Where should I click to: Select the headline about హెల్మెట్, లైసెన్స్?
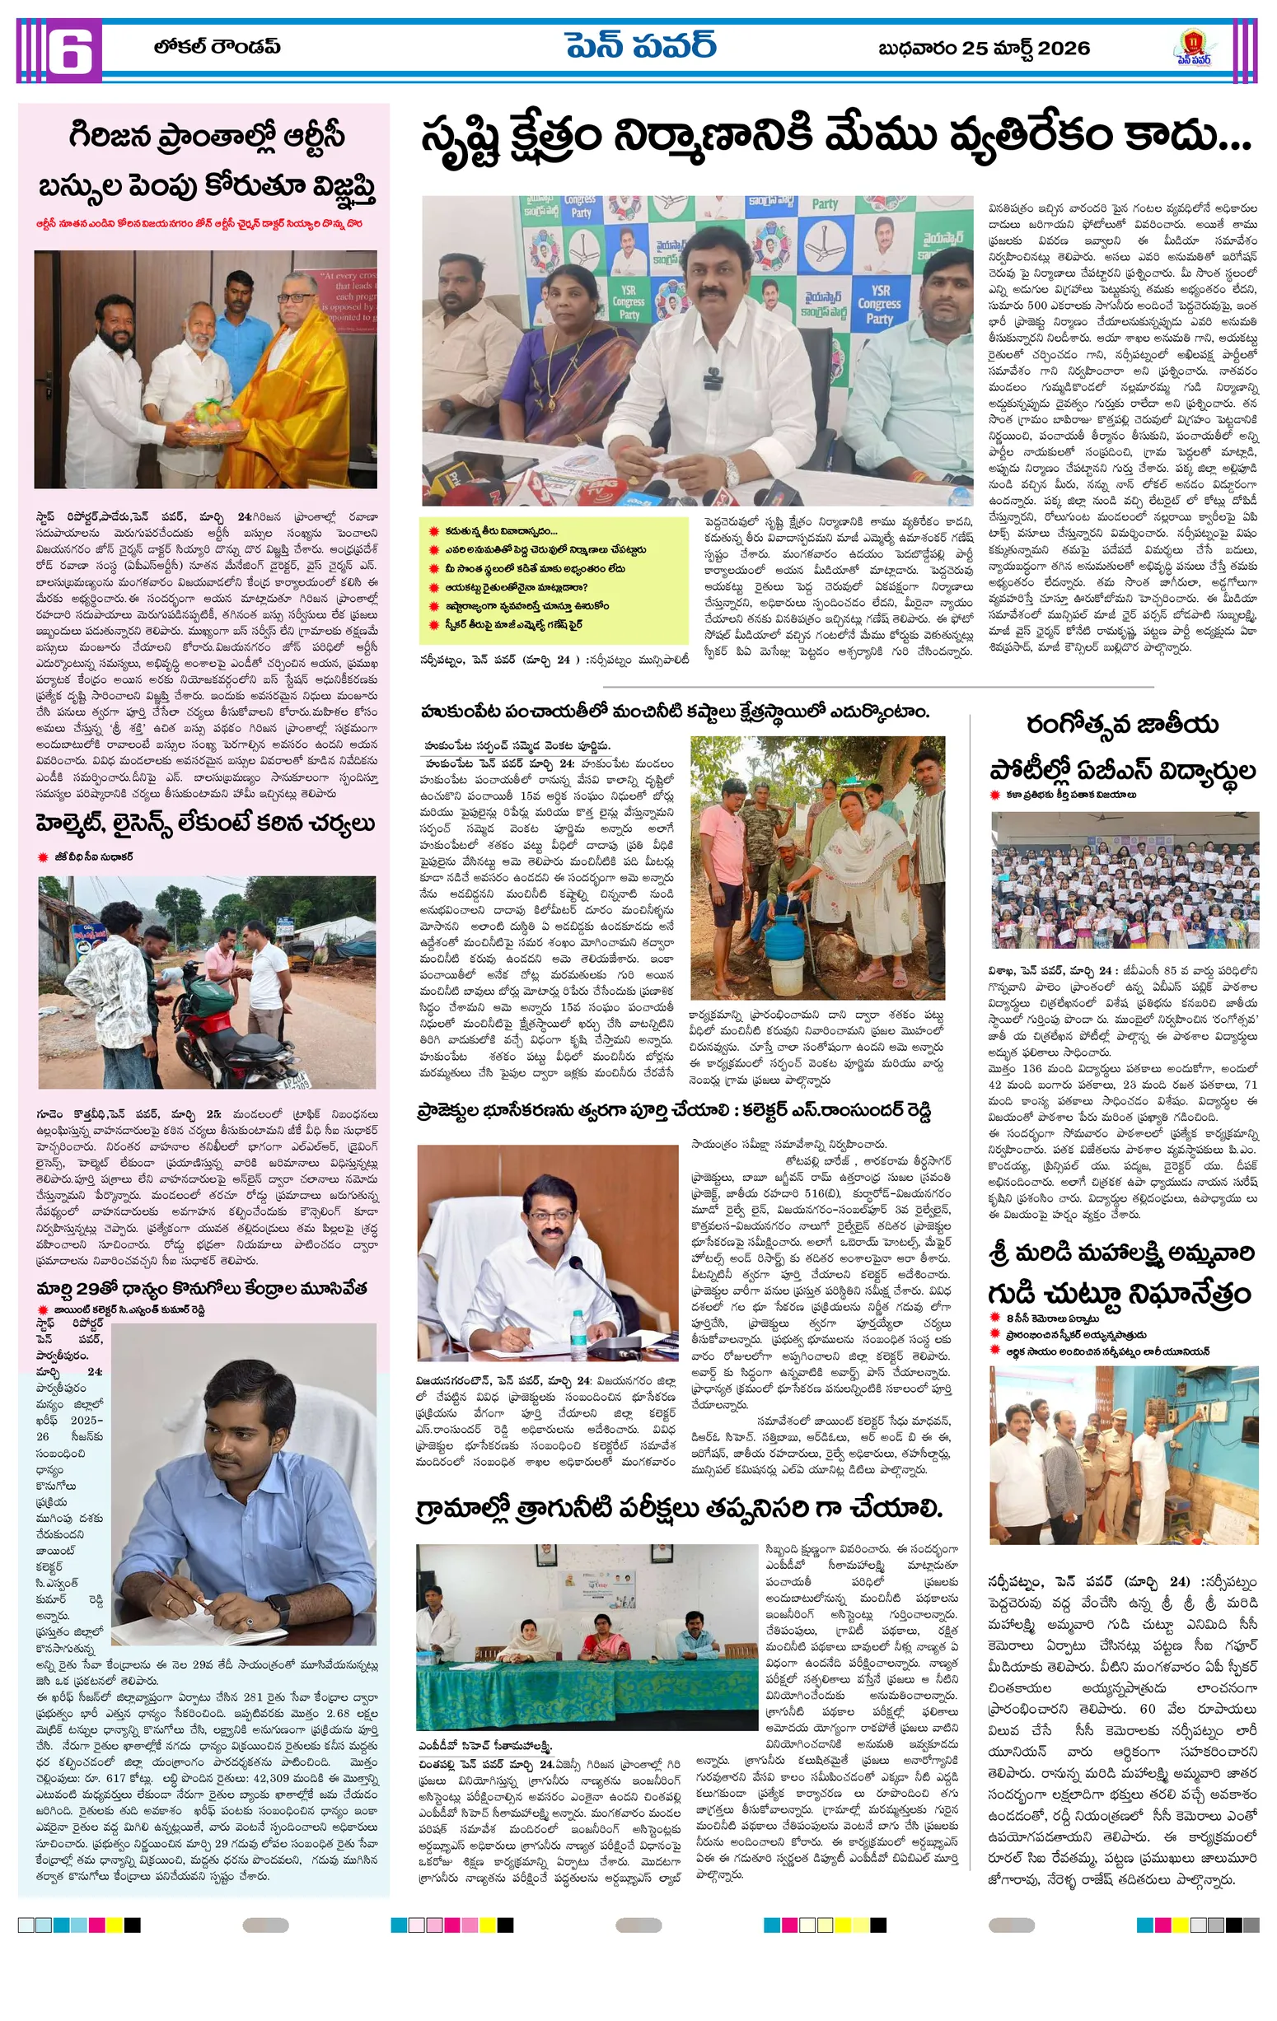coord(205,824)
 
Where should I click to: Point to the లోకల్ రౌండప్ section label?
coord(217,47)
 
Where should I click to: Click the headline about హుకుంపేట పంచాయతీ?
coord(675,712)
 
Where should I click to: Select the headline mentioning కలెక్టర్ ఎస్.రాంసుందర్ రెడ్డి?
coord(674,1111)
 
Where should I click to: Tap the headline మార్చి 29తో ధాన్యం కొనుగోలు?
coord(202,1287)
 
